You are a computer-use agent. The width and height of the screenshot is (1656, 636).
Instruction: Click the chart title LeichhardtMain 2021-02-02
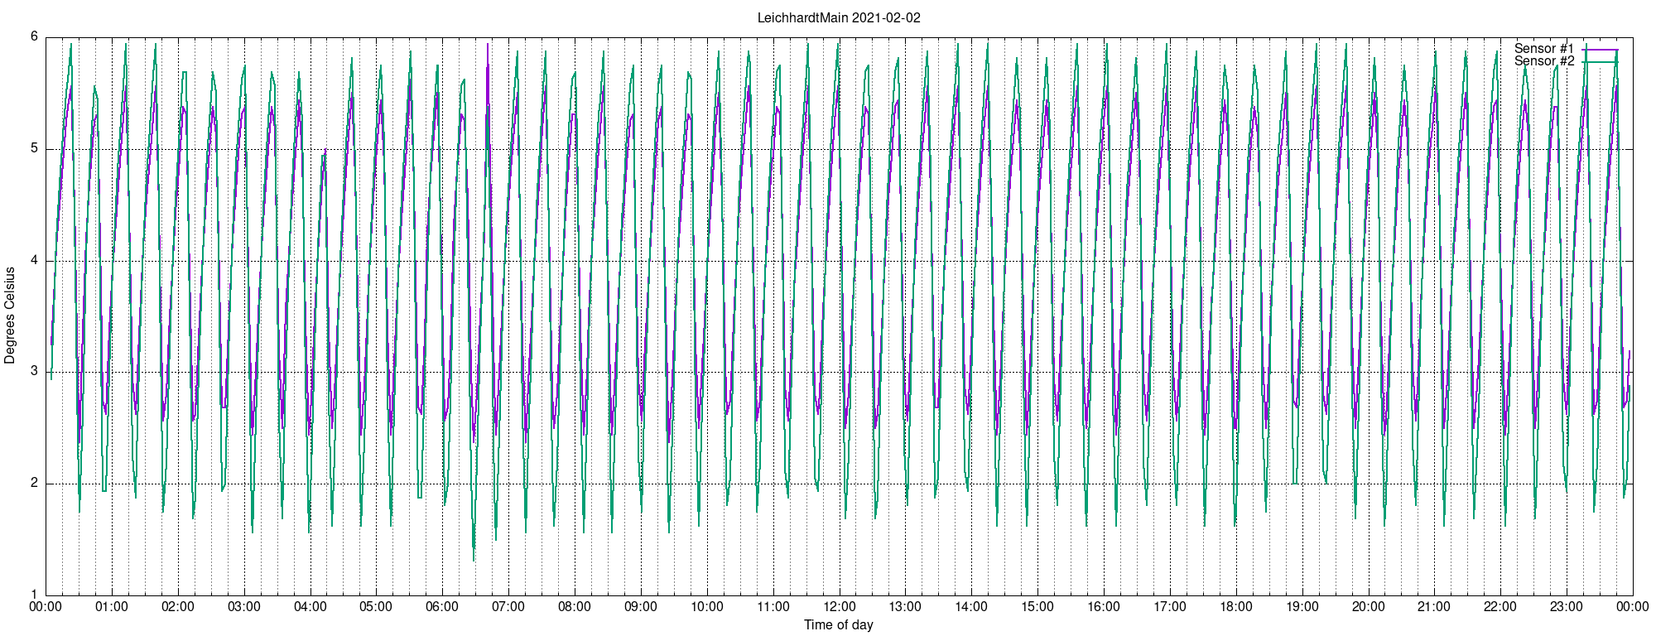tap(839, 17)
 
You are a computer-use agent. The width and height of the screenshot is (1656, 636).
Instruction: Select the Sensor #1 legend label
tap(1544, 49)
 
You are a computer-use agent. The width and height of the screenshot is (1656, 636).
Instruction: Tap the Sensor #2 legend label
tap(1544, 61)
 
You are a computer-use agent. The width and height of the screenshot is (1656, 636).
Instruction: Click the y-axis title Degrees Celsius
tap(10, 316)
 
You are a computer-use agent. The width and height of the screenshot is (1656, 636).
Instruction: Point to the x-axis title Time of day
tap(839, 625)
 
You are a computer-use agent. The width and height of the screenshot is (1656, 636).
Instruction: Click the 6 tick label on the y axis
tap(35, 36)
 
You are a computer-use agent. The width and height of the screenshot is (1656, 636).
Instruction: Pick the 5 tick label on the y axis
tap(35, 149)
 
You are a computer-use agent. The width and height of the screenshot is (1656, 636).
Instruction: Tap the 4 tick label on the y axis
tap(35, 261)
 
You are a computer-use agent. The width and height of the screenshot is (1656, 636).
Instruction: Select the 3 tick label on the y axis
tap(35, 372)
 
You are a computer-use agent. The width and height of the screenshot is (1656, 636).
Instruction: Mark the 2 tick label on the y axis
tap(35, 484)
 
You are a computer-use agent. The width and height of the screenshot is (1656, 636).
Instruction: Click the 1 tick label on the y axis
tap(35, 595)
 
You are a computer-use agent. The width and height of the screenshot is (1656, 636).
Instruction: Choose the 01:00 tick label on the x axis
tap(112, 607)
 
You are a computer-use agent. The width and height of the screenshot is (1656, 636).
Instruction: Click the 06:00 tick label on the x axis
tap(442, 607)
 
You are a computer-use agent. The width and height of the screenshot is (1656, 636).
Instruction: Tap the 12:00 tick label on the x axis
tap(840, 607)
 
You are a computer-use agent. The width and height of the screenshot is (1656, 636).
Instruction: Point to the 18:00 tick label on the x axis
tap(1236, 607)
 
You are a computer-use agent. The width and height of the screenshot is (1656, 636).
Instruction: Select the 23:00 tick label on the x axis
tap(1567, 607)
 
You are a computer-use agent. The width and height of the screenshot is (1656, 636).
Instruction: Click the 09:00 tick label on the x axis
tap(641, 607)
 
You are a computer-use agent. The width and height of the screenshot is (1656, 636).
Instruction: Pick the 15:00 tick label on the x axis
tap(1037, 607)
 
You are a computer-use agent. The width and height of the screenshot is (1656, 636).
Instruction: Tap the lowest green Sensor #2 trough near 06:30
tap(474, 560)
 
